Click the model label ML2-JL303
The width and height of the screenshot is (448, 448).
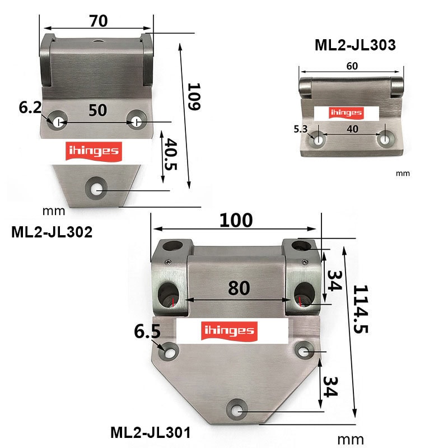pos(355,45)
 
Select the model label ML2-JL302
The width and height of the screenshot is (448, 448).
pos(52,232)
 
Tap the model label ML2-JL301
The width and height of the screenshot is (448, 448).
pos(150,432)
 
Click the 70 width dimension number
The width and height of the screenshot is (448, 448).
pos(99,21)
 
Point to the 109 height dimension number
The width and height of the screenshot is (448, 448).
pos(194,96)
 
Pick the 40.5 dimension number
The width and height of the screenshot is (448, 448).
pos(171,155)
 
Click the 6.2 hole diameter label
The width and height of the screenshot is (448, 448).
pos(30,108)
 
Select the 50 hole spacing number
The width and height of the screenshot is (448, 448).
pos(97,110)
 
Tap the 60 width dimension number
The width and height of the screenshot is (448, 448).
pos(352,66)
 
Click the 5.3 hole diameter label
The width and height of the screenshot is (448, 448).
pos(301,129)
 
